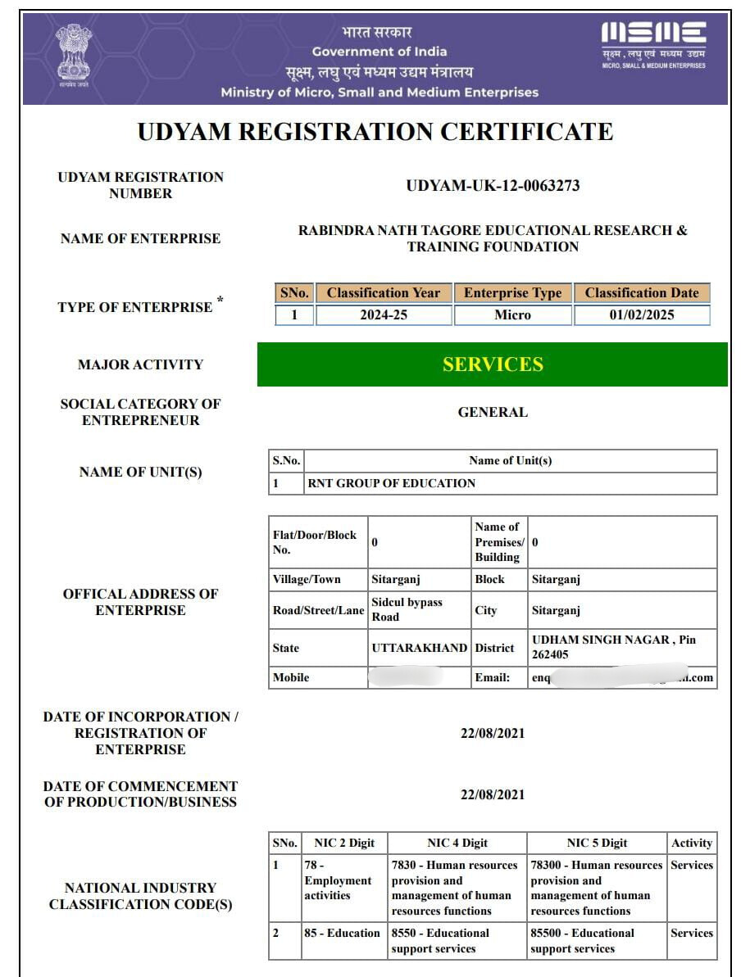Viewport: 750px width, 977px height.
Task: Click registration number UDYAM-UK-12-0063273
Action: pyautogui.click(x=493, y=186)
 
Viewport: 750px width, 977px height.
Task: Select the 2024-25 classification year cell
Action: pyautogui.click(x=383, y=315)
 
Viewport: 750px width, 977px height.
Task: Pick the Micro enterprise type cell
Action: pyautogui.click(x=512, y=315)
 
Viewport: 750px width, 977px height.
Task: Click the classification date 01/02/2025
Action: pyautogui.click(x=642, y=315)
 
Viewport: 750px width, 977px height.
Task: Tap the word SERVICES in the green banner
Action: pyautogui.click(x=493, y=364)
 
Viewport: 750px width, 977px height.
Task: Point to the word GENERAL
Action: pyautogui.click(x=493, y=413)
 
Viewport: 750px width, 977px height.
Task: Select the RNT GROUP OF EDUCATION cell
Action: pyautogui.click(x=391, y=483)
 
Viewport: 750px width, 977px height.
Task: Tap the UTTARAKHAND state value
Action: pyautogui.click(x=419, y=648)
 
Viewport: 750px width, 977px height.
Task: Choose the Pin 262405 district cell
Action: pyautogui.click(x=622, y=648)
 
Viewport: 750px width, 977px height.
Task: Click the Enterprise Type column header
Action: pyautogui.click(x=512, y=293)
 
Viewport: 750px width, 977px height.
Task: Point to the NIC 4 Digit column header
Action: pyautogui.click(x=457, y=843)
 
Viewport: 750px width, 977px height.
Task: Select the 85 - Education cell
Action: pyautogui.click(x=342, y=933)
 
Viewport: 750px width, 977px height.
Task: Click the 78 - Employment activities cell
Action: pyautogui.click(x=342, y=880)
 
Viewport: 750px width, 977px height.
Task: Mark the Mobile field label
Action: pyautogui.click(x=291, y=678)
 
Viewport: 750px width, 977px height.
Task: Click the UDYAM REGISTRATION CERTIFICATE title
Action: pyautogui.click(x=375, y=132)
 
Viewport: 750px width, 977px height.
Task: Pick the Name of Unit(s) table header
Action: pyautogui.click(x=510, y=461)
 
